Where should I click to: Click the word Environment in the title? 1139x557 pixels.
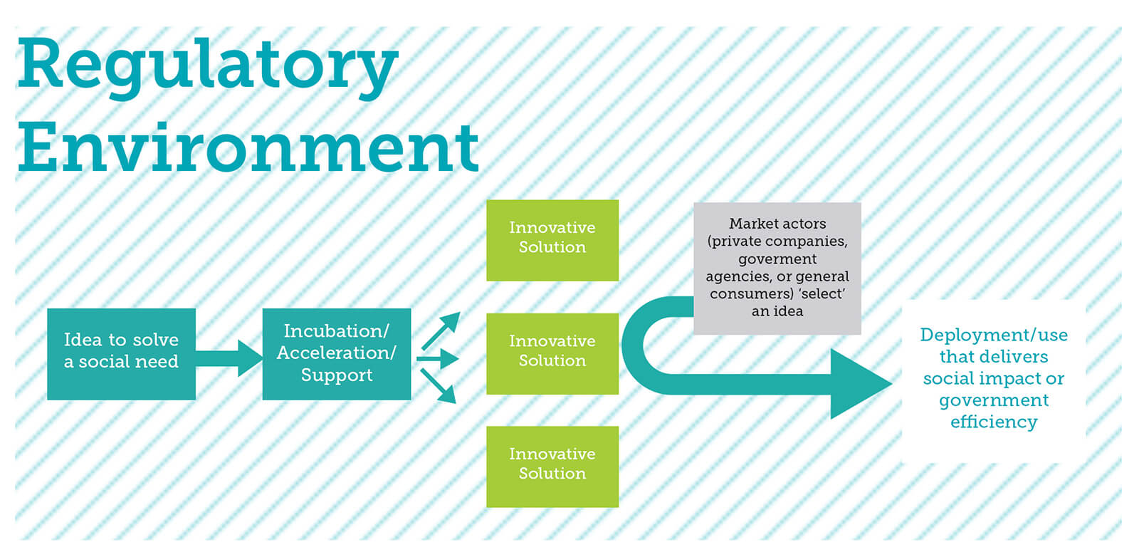248,147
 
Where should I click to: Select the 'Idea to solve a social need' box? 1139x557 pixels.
121,354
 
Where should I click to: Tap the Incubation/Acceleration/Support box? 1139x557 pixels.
337,354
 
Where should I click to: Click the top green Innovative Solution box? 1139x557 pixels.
552,240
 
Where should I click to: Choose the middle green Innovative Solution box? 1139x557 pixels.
552,353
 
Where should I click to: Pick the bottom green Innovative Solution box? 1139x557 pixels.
552,467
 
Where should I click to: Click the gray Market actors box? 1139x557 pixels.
777,268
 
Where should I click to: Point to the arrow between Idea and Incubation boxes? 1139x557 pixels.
229,358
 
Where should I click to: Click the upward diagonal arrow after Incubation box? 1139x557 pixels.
441,330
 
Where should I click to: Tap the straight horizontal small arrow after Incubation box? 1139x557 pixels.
437,359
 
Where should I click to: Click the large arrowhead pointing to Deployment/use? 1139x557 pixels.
861,383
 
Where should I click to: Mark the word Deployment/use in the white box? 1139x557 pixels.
994,335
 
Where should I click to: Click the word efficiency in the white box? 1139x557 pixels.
994,422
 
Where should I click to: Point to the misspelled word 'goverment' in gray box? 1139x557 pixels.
777,259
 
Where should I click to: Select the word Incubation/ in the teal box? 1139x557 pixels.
337,331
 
